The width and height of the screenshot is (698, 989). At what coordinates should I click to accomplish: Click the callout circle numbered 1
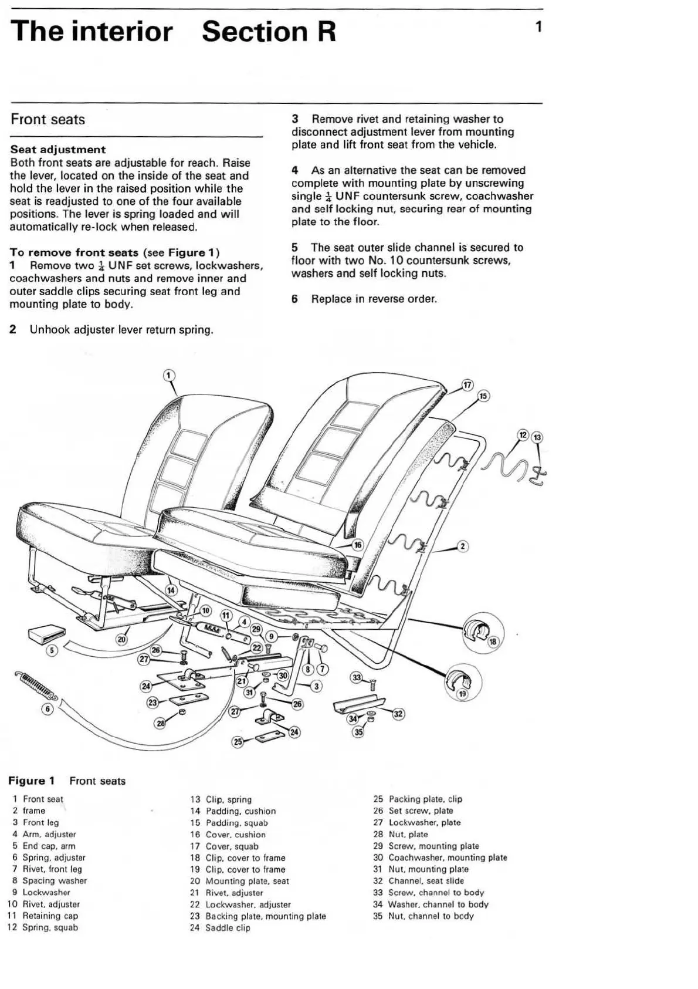[x=168, y=375]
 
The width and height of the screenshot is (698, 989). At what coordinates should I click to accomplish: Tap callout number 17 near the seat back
[x=467, y=385]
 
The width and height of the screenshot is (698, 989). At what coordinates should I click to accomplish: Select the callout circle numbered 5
[x=52, y=650]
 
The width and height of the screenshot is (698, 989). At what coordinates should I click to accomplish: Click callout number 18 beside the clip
[x=493, y=642]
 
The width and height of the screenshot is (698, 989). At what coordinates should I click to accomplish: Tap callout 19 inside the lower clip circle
[x=463, y=693]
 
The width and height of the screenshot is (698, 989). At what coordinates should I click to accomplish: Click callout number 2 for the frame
[x=462, y=546]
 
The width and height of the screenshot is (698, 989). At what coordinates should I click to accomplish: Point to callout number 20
[x=121, y=639]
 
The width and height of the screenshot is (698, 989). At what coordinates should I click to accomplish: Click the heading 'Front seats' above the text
[x=48, y=120]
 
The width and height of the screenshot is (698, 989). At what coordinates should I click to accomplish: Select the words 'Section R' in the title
[x=269, y=32]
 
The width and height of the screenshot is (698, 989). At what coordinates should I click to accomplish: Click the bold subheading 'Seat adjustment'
[x=58, y=150]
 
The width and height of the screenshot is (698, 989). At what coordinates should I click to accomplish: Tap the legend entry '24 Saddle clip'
[x=220, y=927]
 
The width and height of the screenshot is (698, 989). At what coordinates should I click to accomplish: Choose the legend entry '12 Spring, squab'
[x=43, y=927]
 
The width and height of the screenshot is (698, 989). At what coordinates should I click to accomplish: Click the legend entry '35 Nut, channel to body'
[x=423, y=916]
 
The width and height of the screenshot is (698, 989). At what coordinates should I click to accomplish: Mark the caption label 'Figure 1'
[x=31, y=781]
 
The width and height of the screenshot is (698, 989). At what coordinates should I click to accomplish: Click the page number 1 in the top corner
[x=538, y=27]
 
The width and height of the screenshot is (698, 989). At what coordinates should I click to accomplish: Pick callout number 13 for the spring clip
[x=537, y=437]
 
